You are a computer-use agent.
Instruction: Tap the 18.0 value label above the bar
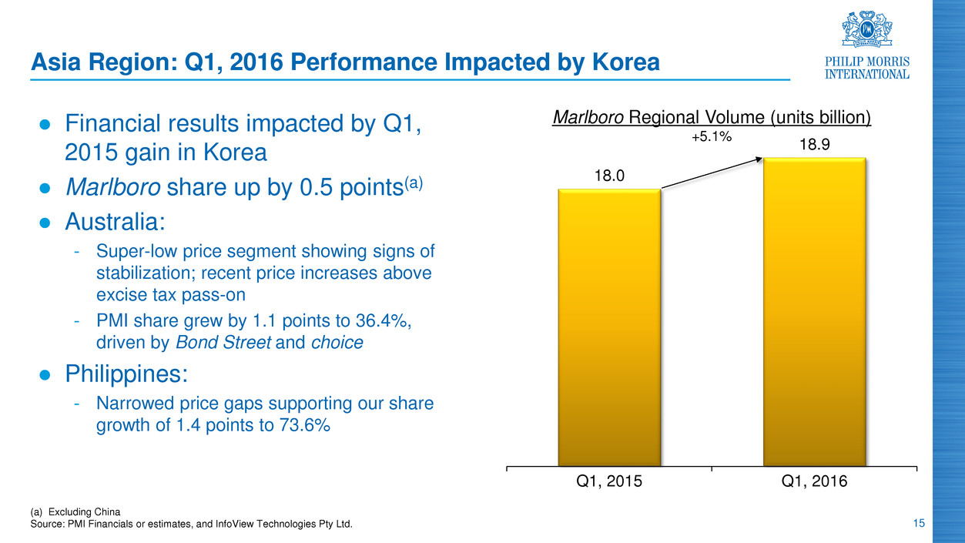coord(608,176)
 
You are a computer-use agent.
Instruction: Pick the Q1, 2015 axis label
coord(608,482)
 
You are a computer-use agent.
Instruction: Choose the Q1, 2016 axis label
coord(814,482)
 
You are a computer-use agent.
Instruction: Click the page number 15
coord(916,525)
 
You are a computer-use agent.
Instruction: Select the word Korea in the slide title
coord(621,62)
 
